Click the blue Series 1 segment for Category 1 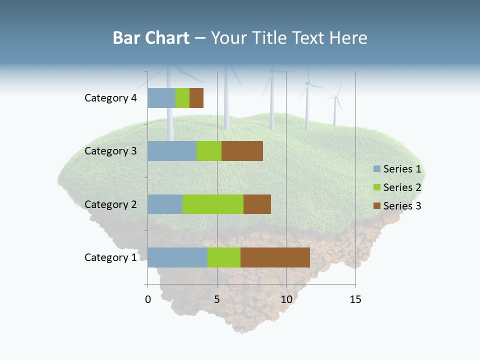[x=177, y=257]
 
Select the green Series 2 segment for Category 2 [x=212, y=204]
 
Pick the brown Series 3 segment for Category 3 [x=242, y=151]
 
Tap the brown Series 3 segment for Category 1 [x=275, y=257]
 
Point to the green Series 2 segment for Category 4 [x=182, y=98]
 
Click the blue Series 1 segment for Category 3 [x=171, y=151]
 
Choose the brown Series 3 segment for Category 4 [x=196, y=98]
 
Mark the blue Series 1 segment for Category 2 [x=164, y=204]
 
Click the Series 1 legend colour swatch [x=376, y=169]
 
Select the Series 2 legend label [x=402, y=187]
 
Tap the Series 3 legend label [x=402, y=206]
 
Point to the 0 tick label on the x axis [x=147, y=300]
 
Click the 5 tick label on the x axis [x=217, y=300]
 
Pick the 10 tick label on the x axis [x=286, y=300]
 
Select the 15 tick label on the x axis [x=355, y=300]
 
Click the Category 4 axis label [x=110, y=98]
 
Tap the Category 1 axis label [x=110, y=257]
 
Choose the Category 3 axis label [x=110, y=151]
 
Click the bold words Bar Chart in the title [x=151, y=38]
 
